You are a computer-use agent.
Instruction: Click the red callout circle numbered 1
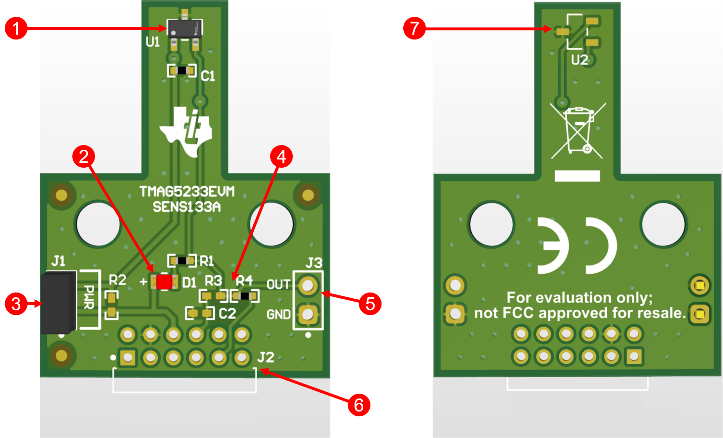16,28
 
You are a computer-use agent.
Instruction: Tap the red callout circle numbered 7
414,28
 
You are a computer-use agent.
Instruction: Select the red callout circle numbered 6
359,405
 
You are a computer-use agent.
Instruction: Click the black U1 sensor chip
184,29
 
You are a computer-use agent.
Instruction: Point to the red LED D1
164,282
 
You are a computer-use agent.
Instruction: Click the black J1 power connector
58,303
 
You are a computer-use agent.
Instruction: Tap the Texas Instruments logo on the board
186,132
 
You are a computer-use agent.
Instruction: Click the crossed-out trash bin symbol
578,131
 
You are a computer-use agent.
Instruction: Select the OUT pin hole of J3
308,285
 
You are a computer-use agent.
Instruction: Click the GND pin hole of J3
308,314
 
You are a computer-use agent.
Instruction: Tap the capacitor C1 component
182,70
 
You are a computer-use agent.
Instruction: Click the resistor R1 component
182,261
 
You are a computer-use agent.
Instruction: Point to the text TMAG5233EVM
187,192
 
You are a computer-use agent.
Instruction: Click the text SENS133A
187,207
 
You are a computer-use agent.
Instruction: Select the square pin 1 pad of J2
128,358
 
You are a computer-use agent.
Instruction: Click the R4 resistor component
245,296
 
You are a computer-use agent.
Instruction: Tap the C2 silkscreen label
227,314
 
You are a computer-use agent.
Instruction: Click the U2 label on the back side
580,60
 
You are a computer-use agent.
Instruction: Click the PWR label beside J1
89,297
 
